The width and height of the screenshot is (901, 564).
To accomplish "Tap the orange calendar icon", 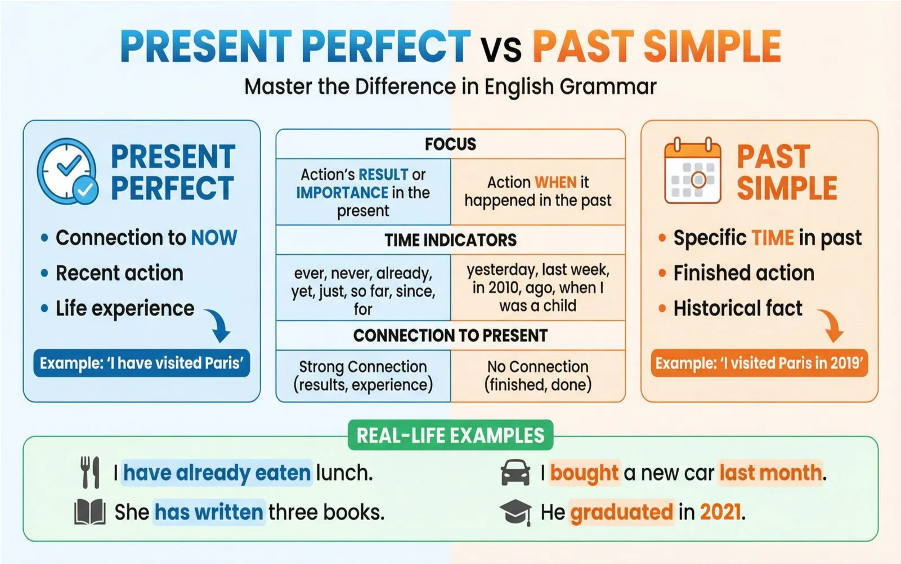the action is tap(693, 170).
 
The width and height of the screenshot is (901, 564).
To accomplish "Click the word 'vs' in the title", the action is tap(501, 48).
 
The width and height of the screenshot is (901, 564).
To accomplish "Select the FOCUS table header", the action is tap(450, 144).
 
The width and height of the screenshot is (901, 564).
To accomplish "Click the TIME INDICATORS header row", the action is tap(450, 240).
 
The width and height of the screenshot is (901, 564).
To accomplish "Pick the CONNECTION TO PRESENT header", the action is tap(450, 335).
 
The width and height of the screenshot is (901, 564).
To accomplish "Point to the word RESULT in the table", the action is tap(383, 175).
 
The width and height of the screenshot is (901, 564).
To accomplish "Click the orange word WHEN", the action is tap(555, 183).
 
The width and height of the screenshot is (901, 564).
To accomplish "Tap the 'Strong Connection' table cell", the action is tap(363, 376).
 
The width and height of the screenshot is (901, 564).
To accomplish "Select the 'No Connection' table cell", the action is tap(538, 376).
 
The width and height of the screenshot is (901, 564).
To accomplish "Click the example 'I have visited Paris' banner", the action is tap(142, 363).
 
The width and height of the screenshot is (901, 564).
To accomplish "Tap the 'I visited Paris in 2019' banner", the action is tap(759, 363).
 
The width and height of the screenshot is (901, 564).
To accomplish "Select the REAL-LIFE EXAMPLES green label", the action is tap(450, 435).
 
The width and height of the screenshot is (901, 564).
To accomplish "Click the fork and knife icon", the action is tap(90, 472).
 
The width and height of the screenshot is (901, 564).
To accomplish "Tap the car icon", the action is tap(516, 472).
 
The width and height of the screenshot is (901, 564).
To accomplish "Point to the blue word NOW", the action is tap(214, 238).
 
